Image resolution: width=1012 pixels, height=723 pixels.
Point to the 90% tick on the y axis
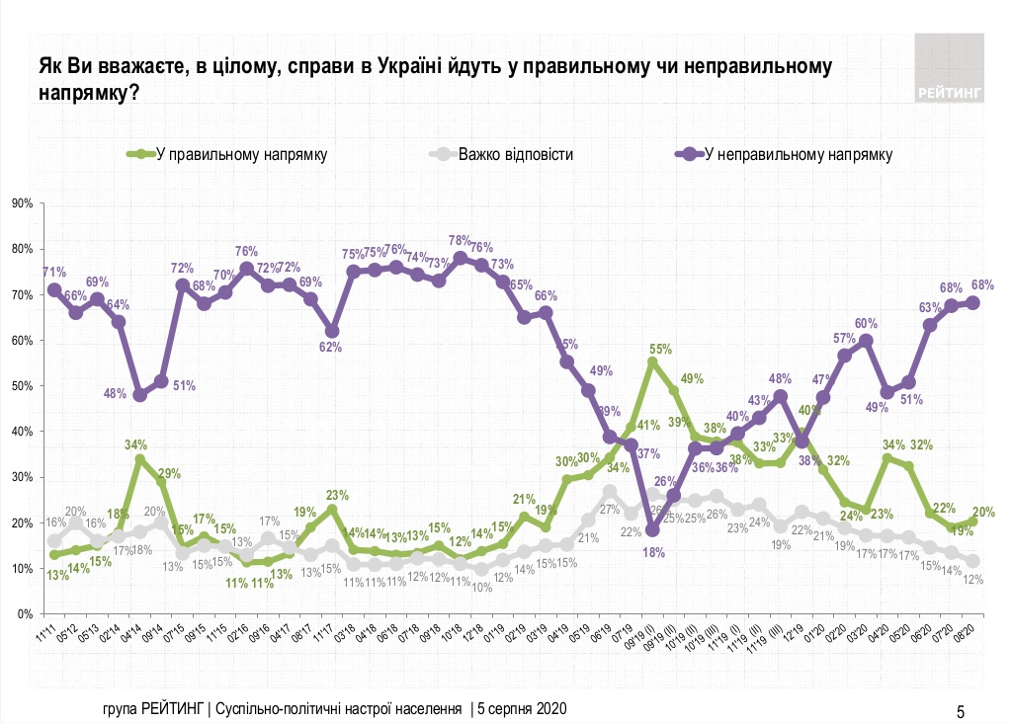tap(22, 204)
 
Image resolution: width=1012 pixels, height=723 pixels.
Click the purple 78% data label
tap(460, 240)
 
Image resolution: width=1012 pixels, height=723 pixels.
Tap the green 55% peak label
tap(661, 349)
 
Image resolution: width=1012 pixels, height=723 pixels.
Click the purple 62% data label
tap(330, 347)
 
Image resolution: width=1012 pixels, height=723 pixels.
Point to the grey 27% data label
tap(610, 509)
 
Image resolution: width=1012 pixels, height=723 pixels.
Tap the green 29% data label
tap(169, 474)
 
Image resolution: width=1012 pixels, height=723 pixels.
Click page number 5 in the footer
tap(960, 710)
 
